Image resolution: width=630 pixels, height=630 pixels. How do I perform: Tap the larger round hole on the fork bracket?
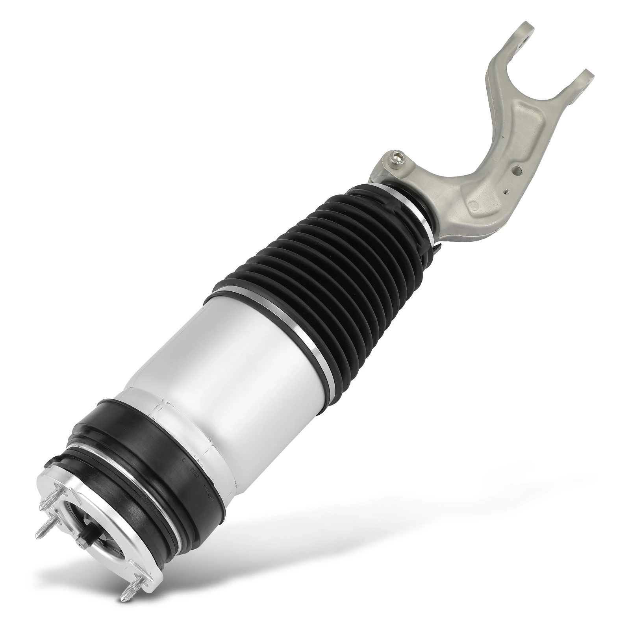pos(519,170)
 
